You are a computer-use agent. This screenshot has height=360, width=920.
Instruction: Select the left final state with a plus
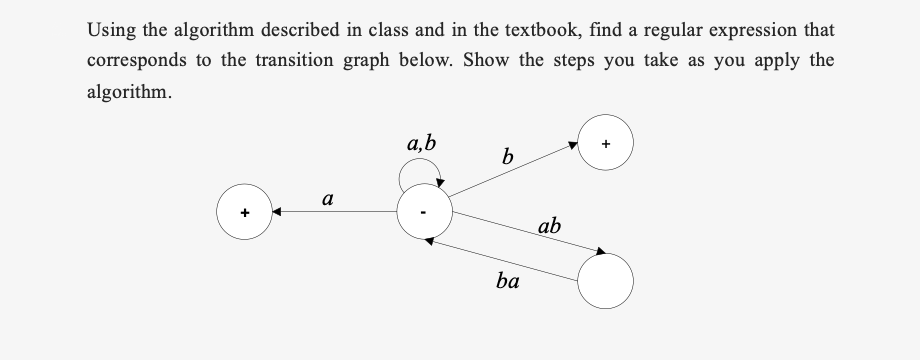(244, 213)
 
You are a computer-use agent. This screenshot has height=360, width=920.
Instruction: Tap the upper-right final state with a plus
(606, 146)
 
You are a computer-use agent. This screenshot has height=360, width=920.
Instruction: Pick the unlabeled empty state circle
(606, 280)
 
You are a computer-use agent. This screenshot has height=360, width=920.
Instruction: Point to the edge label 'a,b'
(421, 144)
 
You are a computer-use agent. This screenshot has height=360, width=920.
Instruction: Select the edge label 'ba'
(507, 282)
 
